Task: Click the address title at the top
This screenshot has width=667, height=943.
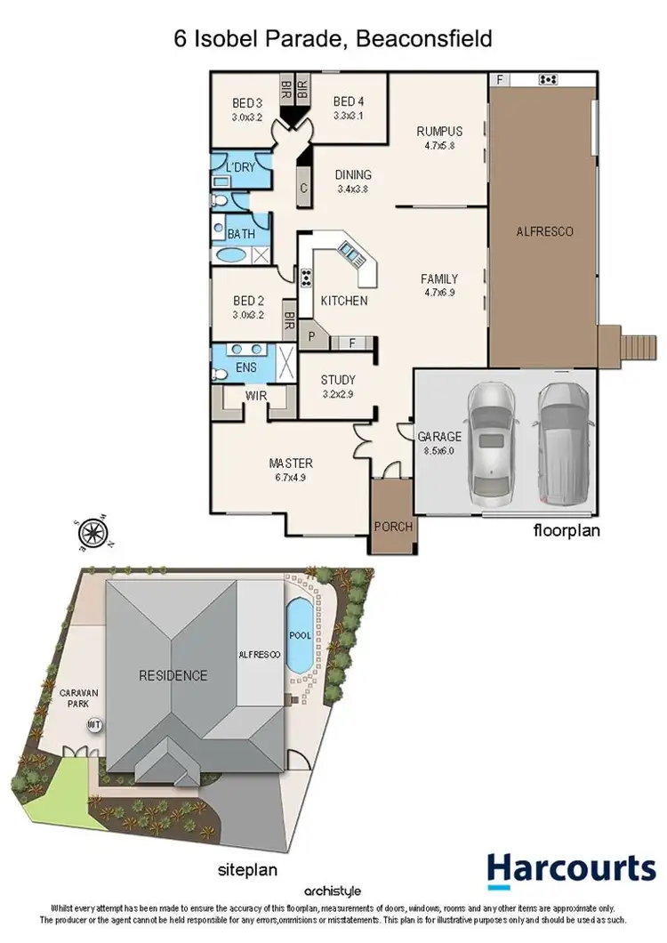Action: (x=333, y=39)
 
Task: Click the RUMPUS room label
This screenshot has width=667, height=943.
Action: (x=439, y=132)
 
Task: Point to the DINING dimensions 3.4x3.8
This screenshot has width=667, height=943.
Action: (x=353, y=189)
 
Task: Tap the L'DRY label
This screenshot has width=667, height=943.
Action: (x=240, y=167)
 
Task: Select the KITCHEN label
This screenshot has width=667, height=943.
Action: (x=343, y=301)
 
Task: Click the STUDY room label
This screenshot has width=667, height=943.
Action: (x=338, y=379)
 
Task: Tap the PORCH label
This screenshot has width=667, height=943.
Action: (x=392, y=527)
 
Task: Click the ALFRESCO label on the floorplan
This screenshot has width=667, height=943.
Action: (x=544, y=231)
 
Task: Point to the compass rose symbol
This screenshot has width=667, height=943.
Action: (x=92, y=534)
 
